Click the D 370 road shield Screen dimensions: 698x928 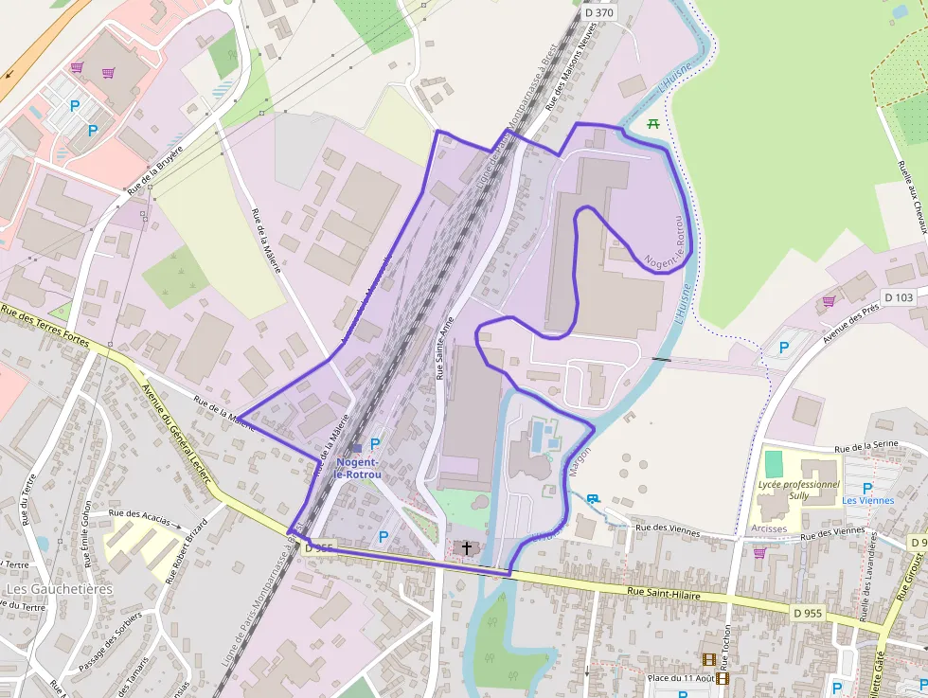pos(598,12)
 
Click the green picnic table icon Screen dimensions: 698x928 pos(653,123)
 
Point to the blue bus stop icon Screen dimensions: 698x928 pos(594,498)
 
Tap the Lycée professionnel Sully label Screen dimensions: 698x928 pos(799,490)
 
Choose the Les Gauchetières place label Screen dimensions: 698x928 pos(59,589)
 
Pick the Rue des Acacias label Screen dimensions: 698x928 pos(140,518)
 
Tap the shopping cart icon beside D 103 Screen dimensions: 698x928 pos(829,301)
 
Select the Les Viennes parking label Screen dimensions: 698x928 pos(867,500)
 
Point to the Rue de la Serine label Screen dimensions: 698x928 pos(866,445)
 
